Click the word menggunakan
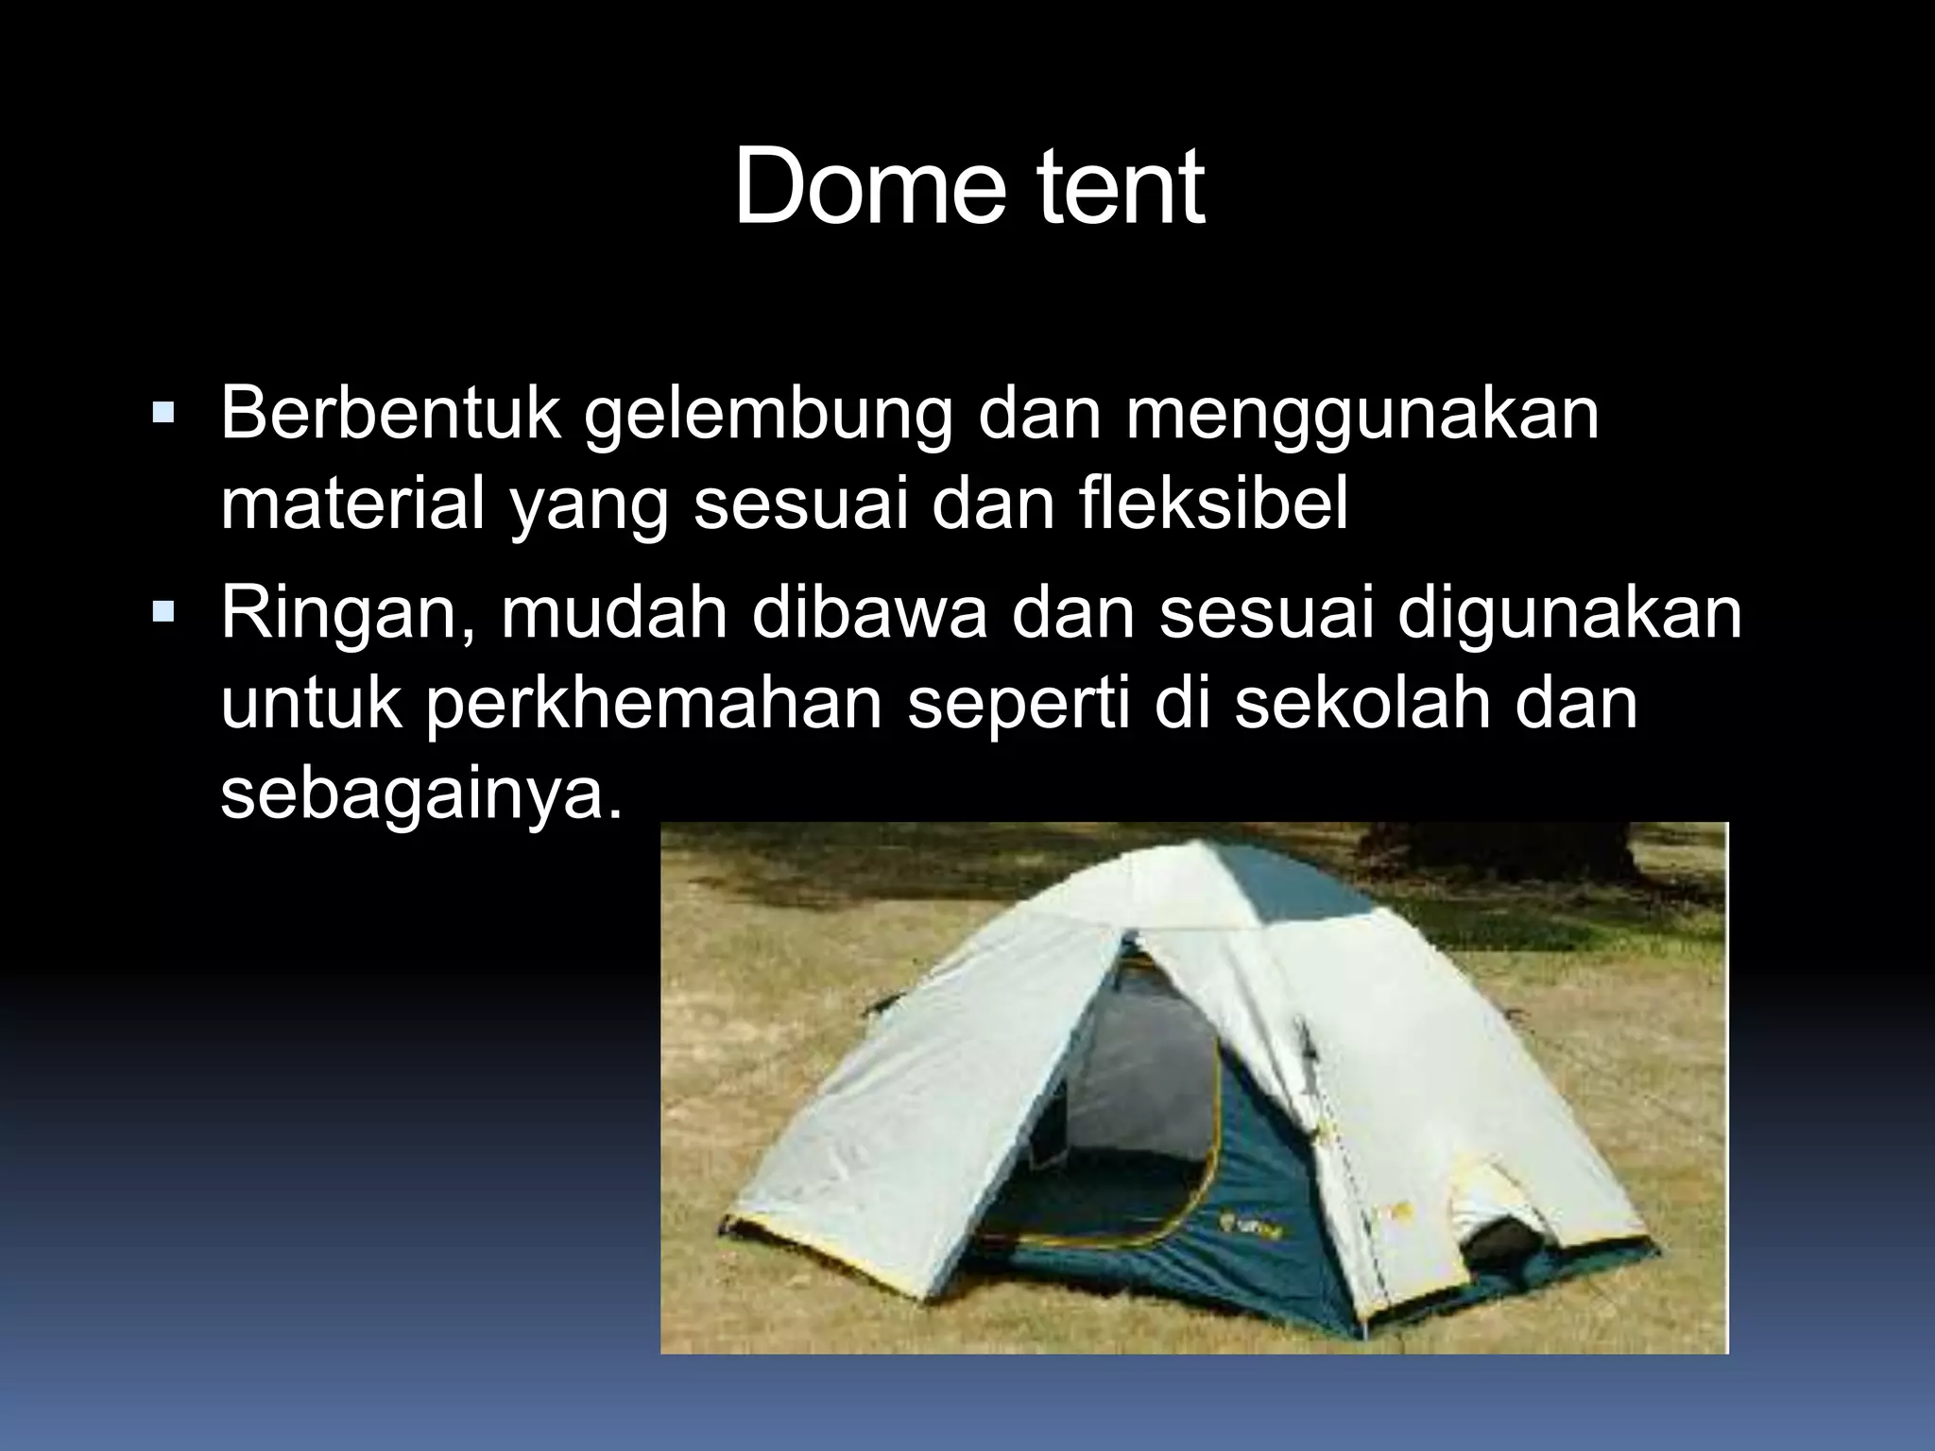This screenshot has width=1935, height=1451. point(1361,416)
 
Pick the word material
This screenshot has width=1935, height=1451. point(352,504)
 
